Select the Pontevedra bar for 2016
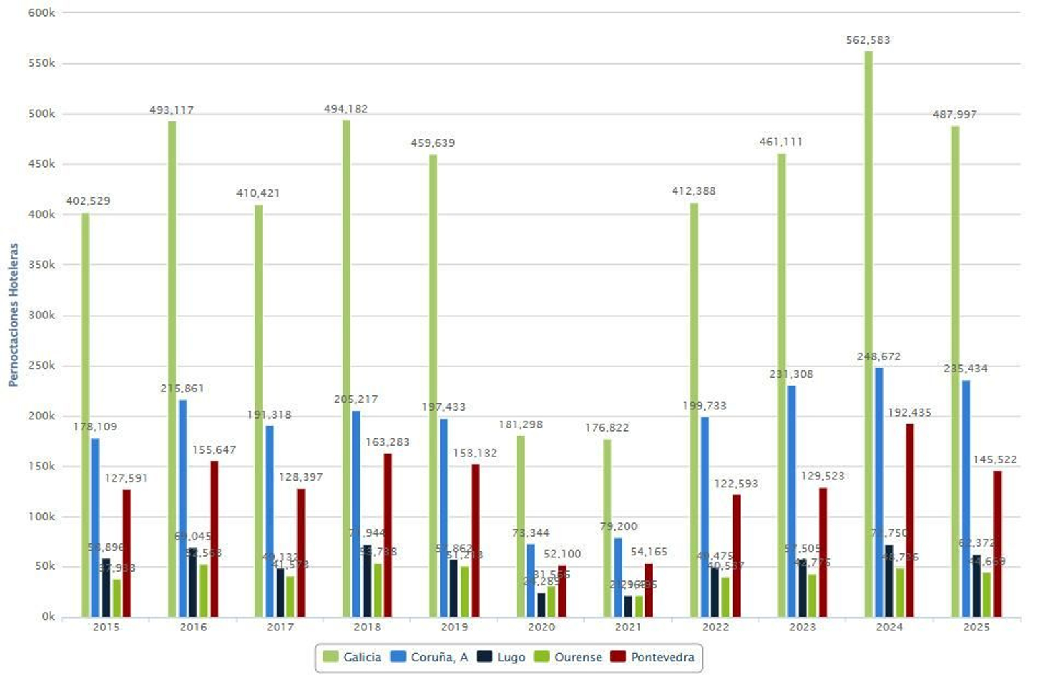214,539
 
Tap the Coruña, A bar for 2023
791,501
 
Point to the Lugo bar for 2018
367,581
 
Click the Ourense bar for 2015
117,598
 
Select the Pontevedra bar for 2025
997,544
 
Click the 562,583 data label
868,40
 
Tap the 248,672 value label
878,356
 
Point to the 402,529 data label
88,201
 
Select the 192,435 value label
909,413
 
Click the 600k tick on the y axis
42,13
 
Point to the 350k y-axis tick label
42,265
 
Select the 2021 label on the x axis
628,626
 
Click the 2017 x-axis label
280,626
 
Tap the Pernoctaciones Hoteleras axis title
13,314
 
